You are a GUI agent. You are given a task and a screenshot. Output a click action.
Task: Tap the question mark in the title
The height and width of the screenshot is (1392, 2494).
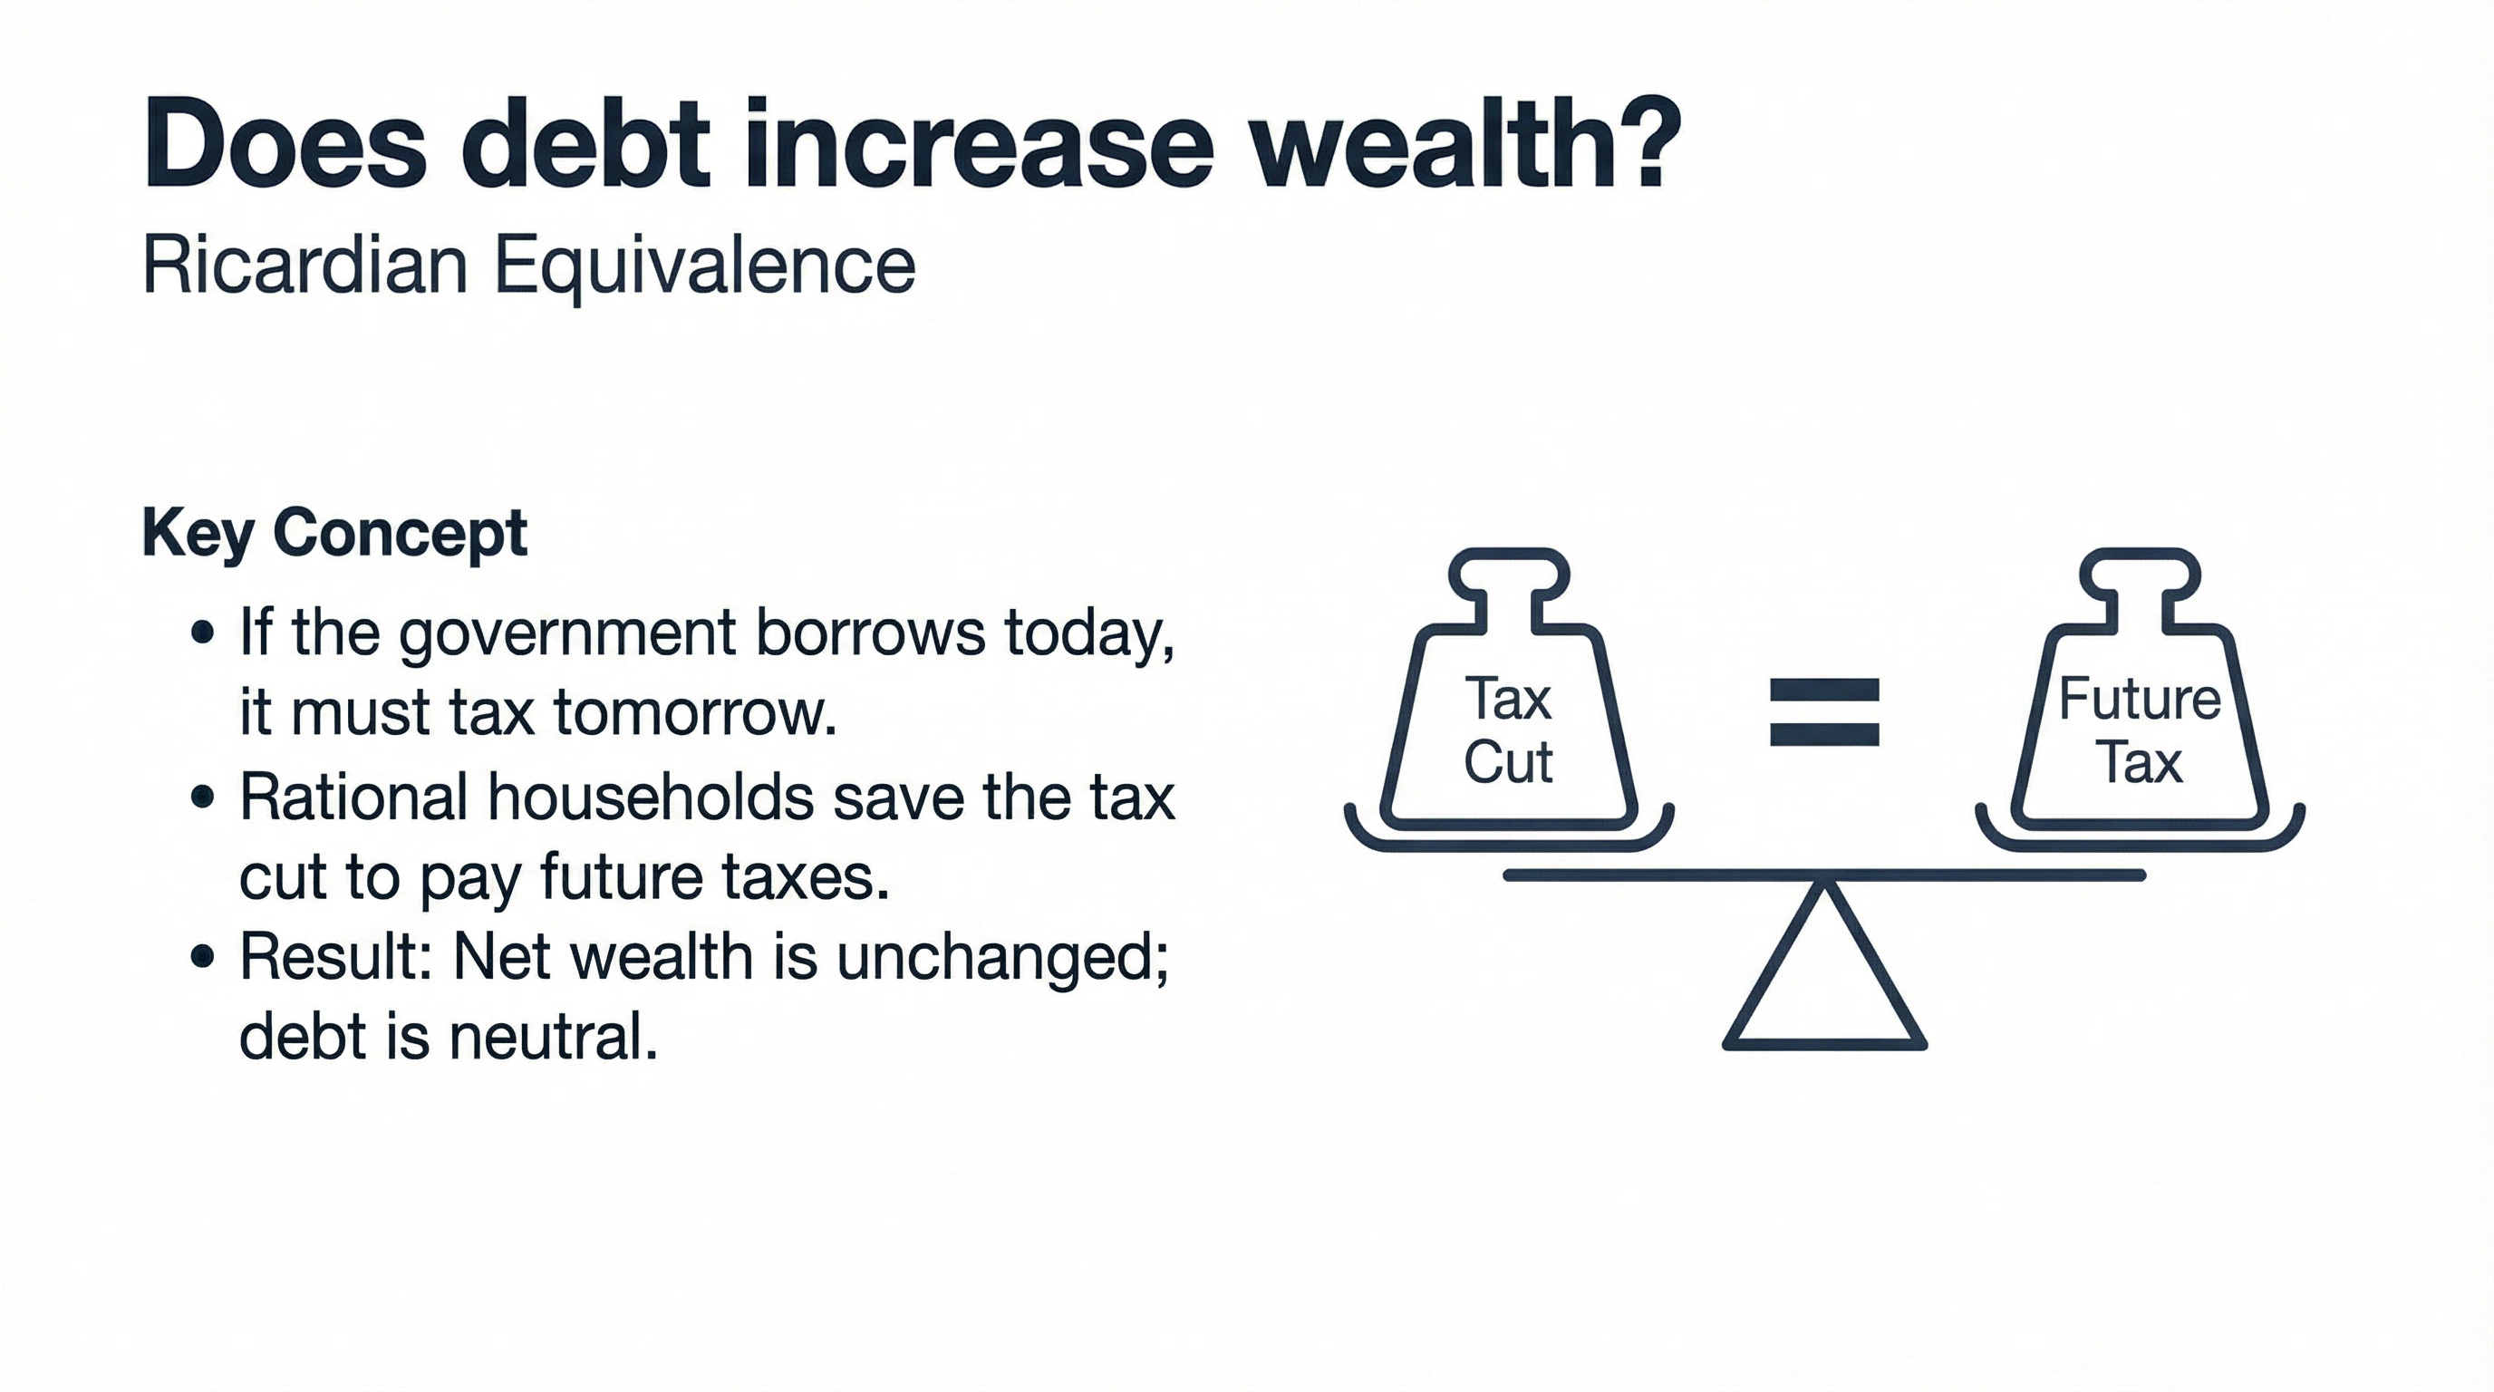pyautogui.click(x=1646, y=143)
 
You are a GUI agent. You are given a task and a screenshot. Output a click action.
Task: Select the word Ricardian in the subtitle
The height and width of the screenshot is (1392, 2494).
pyautogui.click(x=305, y=266)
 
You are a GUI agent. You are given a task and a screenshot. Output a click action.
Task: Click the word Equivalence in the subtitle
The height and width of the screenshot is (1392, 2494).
pyautogui.click(x=705, y=267)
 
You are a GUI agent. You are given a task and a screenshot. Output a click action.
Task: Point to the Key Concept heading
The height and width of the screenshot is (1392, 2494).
pyautogui.click(x=334, y=531)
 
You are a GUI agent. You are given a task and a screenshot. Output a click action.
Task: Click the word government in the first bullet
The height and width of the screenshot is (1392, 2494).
pyautogui.click(x=566, y=634)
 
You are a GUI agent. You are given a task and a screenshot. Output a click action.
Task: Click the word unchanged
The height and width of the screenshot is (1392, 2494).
pyautogui.click(x=1002, y=958)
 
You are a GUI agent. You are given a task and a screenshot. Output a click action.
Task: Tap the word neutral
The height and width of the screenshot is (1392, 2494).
pyautogui.click(x=553, y=1037)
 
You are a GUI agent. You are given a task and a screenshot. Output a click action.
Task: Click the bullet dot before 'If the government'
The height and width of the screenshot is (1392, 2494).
pyautogui.click(x=202, y=635)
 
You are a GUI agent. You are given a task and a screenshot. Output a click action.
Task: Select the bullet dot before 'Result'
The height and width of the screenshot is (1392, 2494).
pyautogui.click(x=202, y=958)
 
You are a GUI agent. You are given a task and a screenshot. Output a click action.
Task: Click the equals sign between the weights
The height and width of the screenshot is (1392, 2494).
pyautogui.click(x=1824, y=712)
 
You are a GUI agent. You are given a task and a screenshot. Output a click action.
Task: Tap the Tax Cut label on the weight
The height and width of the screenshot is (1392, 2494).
pyautogui.click(x=1507, y=730)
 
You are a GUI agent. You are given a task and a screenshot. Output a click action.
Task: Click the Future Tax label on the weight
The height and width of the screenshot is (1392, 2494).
pyautogui.click(x=2140, y=730)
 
